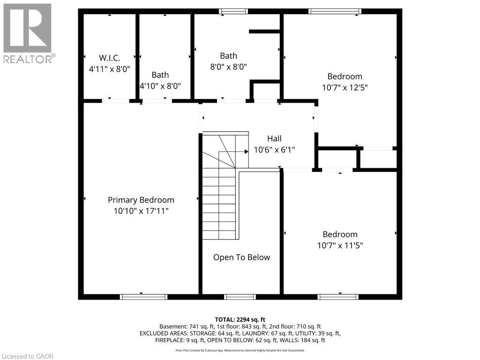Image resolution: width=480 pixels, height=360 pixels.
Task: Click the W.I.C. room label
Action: point(109,58)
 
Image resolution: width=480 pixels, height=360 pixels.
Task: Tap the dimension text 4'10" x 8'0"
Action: point(160,86)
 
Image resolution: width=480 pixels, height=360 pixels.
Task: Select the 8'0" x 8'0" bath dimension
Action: point(228,67)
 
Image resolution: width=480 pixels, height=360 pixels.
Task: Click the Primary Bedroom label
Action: point(141,200)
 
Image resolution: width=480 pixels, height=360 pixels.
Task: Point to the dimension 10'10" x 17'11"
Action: point(141,211)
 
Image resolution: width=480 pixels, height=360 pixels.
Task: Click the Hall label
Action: point(274,139)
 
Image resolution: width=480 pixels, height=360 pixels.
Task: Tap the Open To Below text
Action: point(241,257)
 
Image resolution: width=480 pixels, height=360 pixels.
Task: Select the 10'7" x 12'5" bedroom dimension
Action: point(345,87)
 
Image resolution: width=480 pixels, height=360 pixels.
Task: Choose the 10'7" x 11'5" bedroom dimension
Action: point(340,245)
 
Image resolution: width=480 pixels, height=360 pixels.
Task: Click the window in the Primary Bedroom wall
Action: point(143,297)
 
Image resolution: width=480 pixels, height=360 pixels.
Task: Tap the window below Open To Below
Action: point(240,297)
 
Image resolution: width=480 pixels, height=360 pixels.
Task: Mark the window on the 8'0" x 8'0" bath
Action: point(233,11)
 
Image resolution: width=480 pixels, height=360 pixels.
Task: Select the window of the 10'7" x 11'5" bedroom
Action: point(338,297)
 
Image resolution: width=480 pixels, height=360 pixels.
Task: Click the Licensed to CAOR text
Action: point(28,356)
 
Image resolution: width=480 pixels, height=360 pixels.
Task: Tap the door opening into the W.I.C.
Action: point(115,100)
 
